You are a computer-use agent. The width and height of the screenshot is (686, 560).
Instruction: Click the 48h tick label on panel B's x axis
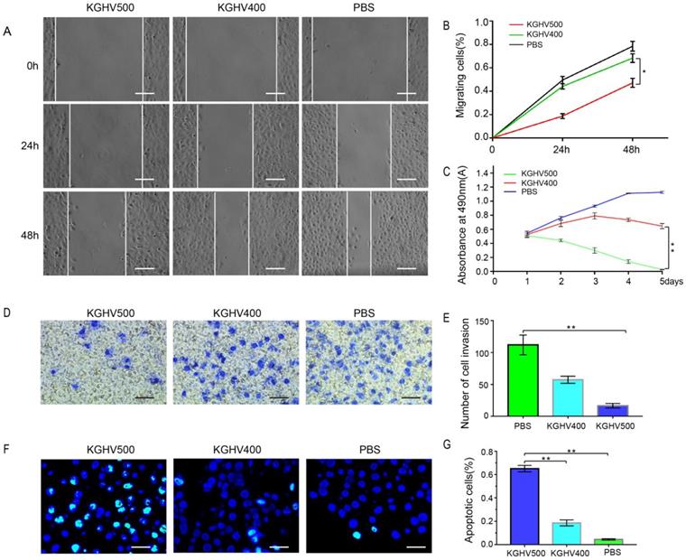632,147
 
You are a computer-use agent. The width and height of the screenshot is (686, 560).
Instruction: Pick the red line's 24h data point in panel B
562,116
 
